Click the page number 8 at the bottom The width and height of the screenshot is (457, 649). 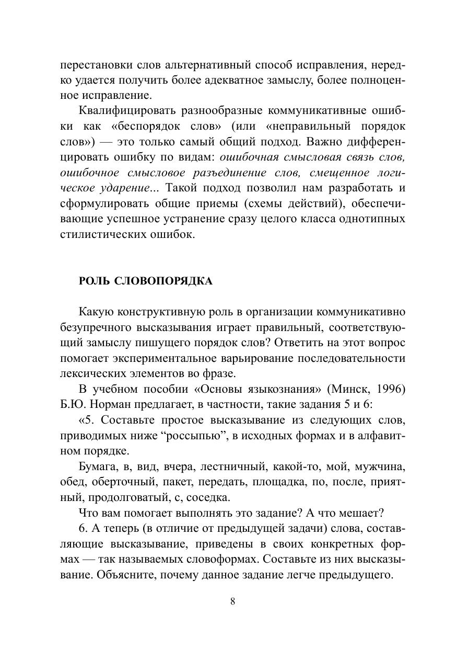232,601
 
